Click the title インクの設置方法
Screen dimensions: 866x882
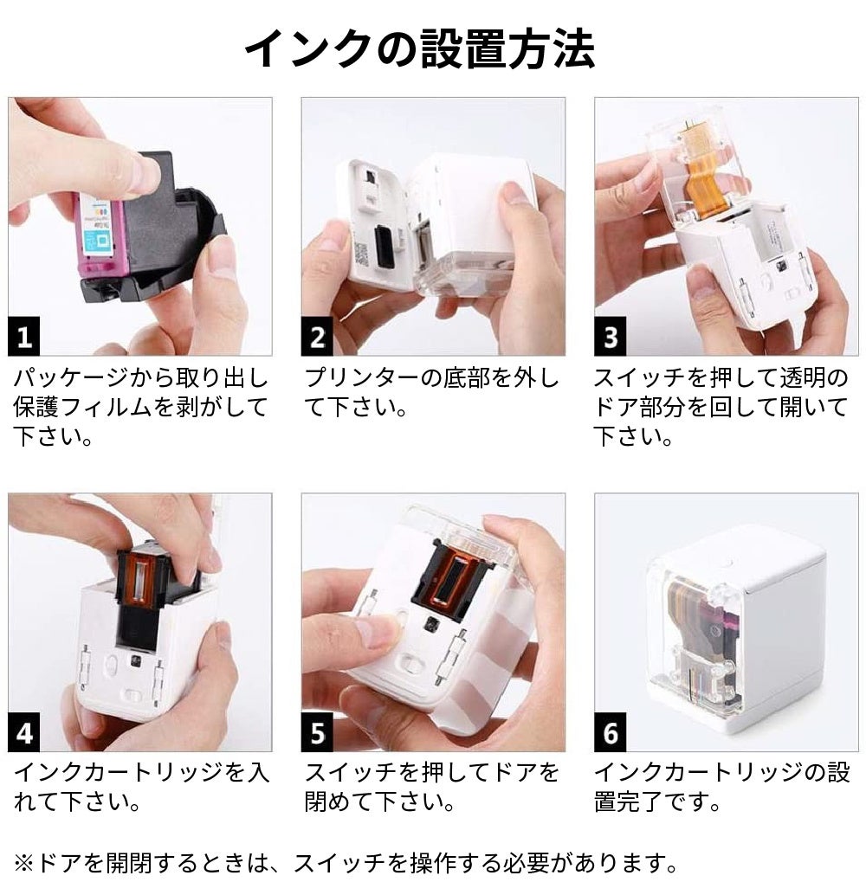point(420,49)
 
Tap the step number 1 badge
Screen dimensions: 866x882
point(23,337)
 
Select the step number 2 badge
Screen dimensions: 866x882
point(317,337)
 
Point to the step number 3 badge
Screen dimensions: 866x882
point(610,337)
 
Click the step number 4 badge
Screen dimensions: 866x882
point(23,733)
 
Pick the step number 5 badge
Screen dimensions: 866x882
point(317,733)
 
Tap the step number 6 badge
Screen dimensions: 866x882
point(610,733)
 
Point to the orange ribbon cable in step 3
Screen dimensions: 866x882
point(705,169)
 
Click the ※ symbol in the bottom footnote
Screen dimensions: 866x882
point(23,862)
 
